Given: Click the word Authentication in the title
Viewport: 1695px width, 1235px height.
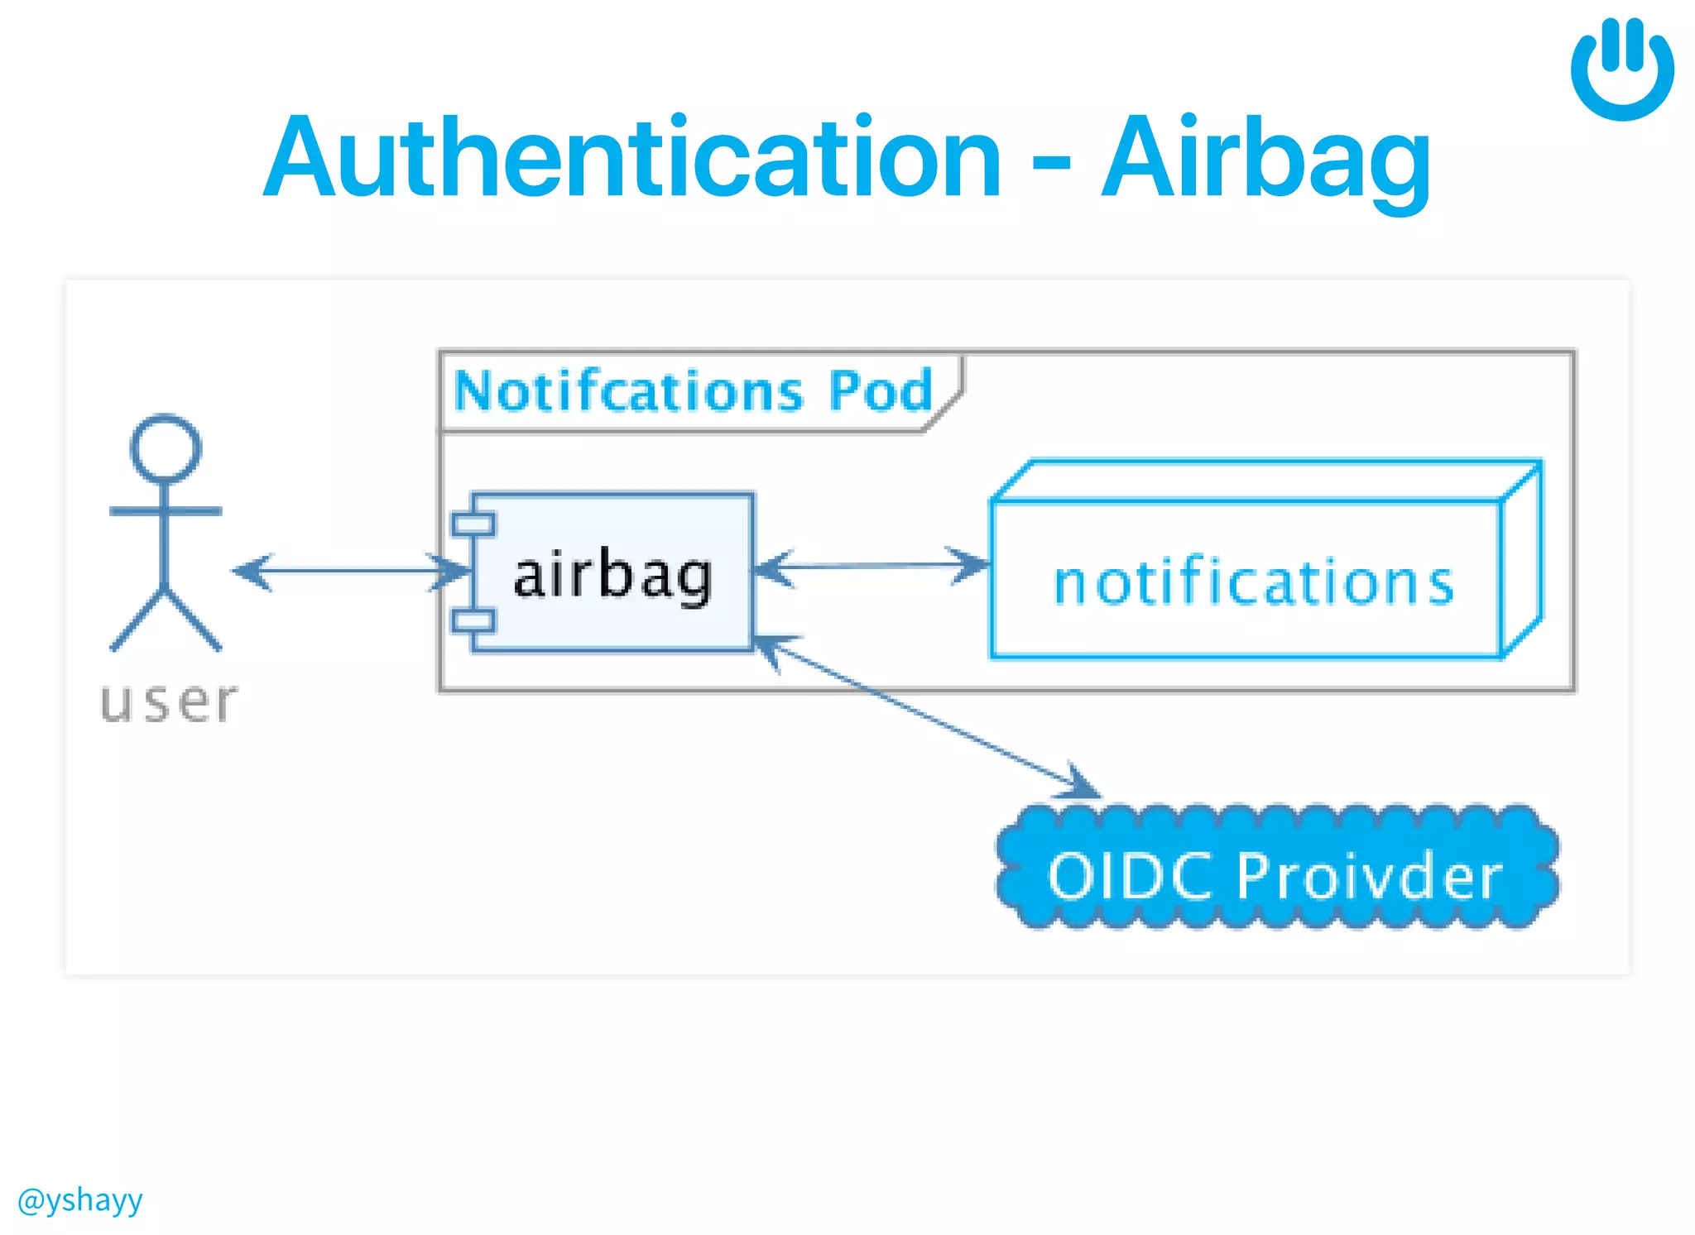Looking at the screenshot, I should (633, 159).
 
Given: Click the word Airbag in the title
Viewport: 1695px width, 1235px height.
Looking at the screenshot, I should (1266, 159).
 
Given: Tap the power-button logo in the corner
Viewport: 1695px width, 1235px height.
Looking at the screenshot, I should (1622, 69).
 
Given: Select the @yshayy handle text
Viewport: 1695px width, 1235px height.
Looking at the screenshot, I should (80, 1199).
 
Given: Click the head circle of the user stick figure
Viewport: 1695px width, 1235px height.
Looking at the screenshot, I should (166, 448).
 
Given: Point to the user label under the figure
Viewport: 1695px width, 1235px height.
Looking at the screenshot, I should (169, 703).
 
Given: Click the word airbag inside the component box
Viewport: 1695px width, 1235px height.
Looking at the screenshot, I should (612, 576).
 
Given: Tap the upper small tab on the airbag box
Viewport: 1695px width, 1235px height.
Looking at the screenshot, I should (473, 524).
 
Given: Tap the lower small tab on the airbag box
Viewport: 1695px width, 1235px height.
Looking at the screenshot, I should (473, 620).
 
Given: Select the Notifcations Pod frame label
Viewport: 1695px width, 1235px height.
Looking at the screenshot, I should (694, 390).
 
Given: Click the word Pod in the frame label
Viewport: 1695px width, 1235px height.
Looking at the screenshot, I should (881, 390).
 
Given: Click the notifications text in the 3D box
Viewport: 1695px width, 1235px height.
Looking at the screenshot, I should (1253, 582).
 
